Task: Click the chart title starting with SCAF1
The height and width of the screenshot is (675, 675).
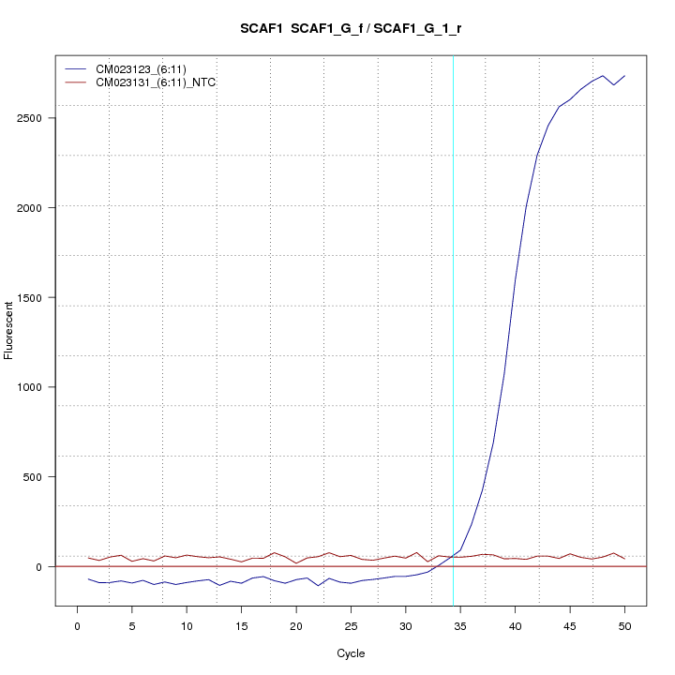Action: pos(351,29)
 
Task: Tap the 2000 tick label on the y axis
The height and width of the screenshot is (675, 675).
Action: pos(38,207)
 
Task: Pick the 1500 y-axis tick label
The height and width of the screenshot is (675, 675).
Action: pos(38,297)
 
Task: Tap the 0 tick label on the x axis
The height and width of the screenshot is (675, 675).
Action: pos(77,625)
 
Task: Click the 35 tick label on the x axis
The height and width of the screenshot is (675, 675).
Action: pos(460,625)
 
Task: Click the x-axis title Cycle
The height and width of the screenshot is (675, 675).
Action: pos(351,653)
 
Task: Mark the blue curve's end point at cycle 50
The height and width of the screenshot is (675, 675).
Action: pos(624,76)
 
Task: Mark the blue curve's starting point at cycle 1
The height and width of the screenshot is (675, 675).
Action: pos(88,578)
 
